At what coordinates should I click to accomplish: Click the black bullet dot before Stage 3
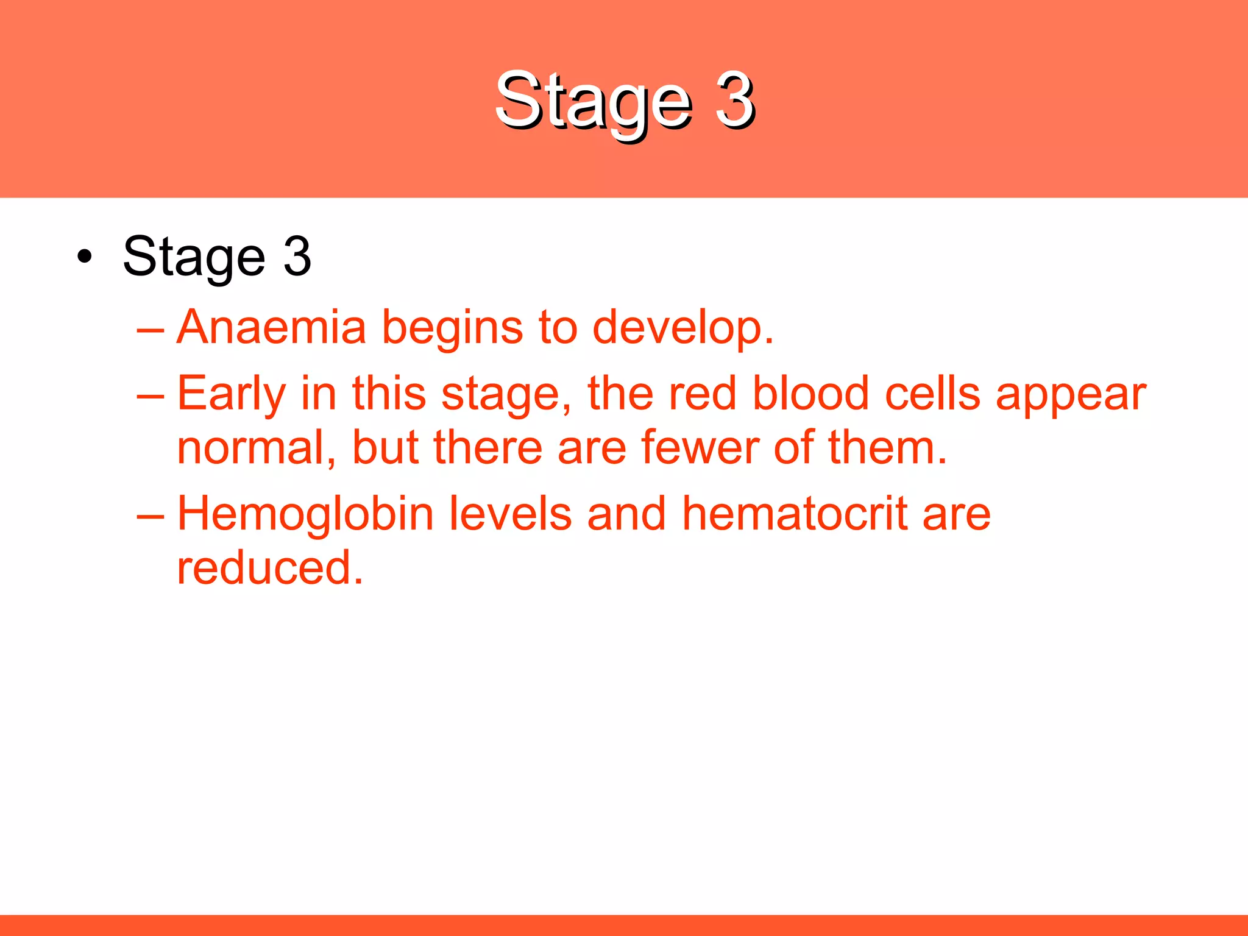(x=85, y=257)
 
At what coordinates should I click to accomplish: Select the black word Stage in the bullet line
(x=194, y=258)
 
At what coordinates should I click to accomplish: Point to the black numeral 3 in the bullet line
(x=297, y=257)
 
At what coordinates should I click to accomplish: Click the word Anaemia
(x=271, y=327)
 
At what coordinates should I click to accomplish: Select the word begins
(x=452, y=329)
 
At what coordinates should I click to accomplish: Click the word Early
(x=231, y=395)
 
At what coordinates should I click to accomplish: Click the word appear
(x=1071, y=396)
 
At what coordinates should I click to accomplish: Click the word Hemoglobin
(x=305, y=514)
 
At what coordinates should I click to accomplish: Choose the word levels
(x=511, y=514)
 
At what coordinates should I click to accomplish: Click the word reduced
(x=269, y=568)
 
